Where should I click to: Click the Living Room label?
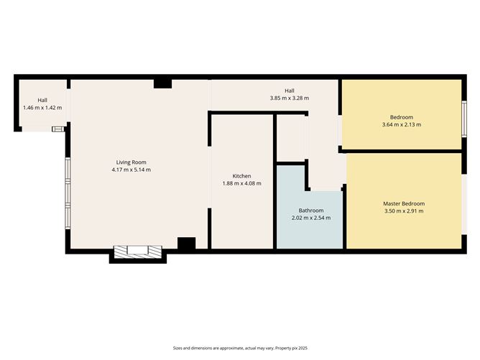point(131,162)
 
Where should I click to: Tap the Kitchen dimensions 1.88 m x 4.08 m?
point(242,183)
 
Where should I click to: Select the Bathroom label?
point(311,211)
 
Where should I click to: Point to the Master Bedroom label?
point(404,203)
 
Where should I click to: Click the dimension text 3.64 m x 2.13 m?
point(402,124)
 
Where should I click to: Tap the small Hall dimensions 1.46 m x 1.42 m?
point(42,108)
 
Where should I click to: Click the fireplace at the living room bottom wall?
point(138,252)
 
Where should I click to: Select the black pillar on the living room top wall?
point(162,84)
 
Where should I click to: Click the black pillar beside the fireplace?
point(186,244)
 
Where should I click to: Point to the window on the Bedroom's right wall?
point(464,119)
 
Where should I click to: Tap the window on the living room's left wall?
point(68,193)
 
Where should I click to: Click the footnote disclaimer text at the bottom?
point(240,348)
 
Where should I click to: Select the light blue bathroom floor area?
point(309,221)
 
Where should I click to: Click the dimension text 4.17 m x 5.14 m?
point(131,170)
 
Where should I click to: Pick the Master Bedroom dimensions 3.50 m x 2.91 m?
point(404,211)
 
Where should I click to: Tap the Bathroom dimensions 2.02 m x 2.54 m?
point(311,218)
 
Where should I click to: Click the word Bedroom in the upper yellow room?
point(402,117)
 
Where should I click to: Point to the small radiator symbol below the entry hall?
point(58,129)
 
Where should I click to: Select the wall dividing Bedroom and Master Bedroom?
point(401,151)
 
